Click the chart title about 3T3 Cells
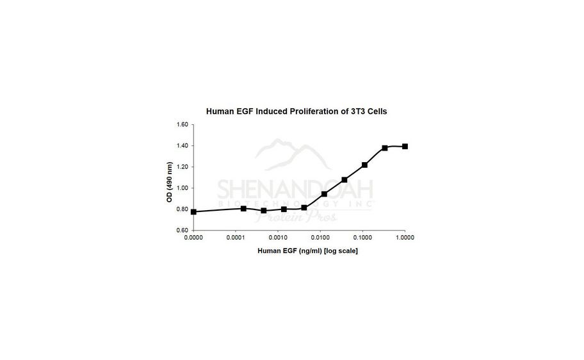click(x=296, y=111)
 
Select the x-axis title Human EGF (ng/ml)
click(x=307, y=250)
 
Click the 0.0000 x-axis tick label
click(x=193, y=238)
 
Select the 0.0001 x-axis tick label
click(x=236, y=238)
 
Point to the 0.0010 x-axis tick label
click(x=278, y=238)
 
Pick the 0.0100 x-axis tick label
click(x=320, y=238)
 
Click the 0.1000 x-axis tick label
click(x=362, y=238)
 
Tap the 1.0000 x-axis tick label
click(x=405, y=238)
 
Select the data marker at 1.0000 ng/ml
click(x=405, y=146)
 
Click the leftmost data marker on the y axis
click(x=193, y=211)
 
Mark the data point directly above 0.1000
click(x=364, y=165)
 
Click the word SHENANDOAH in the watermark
click(x=296, y=190)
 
